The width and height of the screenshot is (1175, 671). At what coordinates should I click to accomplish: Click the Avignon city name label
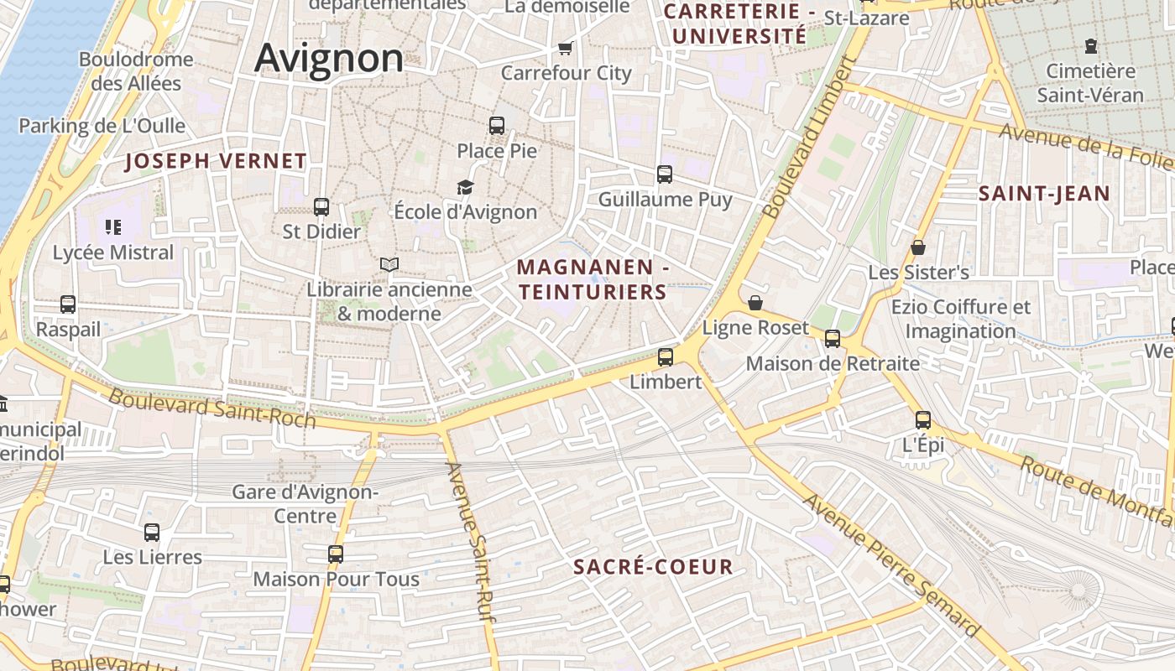click(x=329, y=59)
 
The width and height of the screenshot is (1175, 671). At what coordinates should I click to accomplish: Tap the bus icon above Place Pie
click(x=497, y=126)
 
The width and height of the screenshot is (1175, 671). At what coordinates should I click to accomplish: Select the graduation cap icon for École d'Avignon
click(x=465, y=187)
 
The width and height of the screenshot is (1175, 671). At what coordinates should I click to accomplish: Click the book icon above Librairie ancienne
click(x=389, y=264)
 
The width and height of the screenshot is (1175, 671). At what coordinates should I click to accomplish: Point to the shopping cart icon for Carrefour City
click(x=565, y=48)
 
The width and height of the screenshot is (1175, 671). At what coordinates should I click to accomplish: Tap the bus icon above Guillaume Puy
click(x=665, y=174)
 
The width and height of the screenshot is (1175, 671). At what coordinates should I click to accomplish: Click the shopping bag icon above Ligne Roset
click(x=755, y=302)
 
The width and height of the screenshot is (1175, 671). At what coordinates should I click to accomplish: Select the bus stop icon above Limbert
click(x=666, y=357)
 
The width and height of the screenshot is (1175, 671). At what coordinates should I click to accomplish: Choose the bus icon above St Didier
click(x=321, y=206)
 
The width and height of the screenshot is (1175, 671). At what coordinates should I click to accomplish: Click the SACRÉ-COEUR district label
click(x=653, y=567)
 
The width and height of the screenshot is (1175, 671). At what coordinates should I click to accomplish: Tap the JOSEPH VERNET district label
click(x=216, y=161)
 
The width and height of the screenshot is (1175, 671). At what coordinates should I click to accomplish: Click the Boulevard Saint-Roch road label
click(x=212, y=408)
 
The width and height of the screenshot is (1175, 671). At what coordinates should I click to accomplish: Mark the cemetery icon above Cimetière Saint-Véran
click(x=1091, y=45)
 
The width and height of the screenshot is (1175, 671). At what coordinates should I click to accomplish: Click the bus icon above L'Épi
click(x=923, y=420)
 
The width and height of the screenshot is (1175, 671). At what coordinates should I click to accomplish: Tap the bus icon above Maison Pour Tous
click(x=336, y=554)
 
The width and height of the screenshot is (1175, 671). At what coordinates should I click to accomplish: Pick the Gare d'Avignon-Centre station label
click(x=305, y=503)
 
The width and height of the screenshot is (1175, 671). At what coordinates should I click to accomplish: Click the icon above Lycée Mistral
click(x=113, y=226)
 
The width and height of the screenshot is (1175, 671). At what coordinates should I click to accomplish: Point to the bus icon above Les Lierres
click(x=152, y=532)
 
